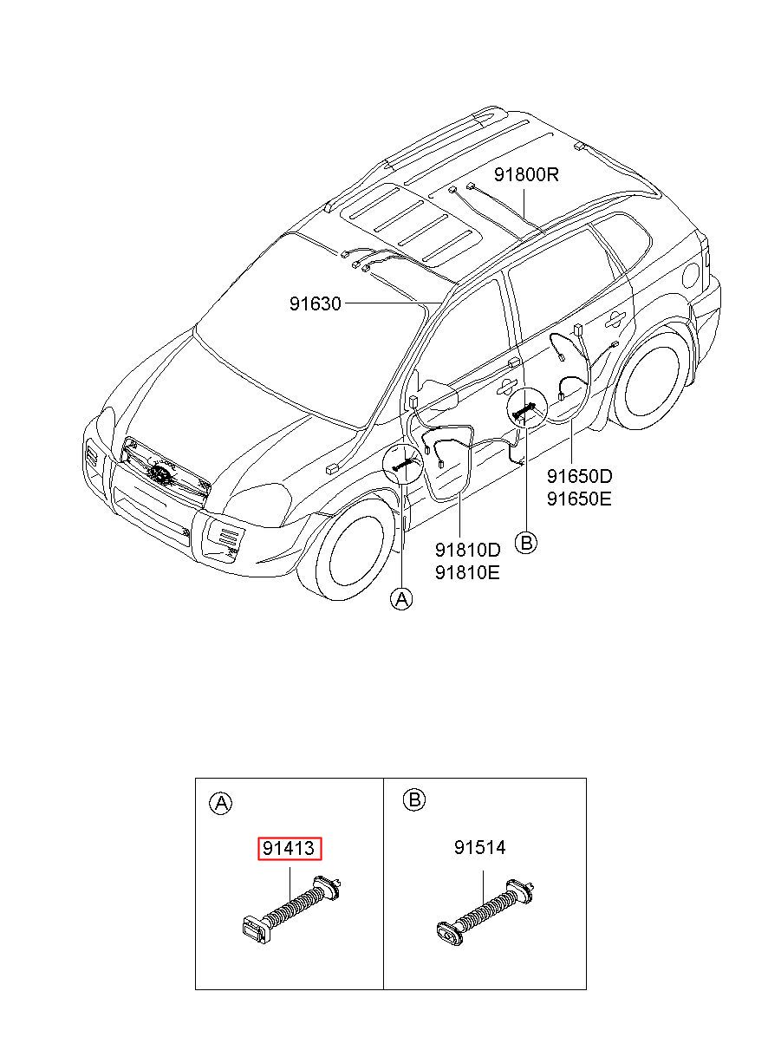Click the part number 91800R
coord(527,175)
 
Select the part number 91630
coord(315,303)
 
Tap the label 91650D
coord(579,476)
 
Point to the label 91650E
coord(579,499)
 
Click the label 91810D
coord(467,550)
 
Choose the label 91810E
coord(467,572)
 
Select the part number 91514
coord(480,847)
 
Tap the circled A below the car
coord(401,598)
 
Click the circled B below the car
coord(526,543)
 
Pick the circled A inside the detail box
coord(221,804)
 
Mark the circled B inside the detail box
coord(414,799)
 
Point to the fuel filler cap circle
coord(690,276)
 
